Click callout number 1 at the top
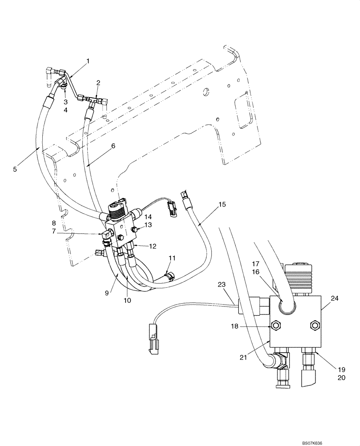(88, 61)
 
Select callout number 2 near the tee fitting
(98, 83)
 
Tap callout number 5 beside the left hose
(15, 169)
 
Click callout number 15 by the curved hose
(222, 205)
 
